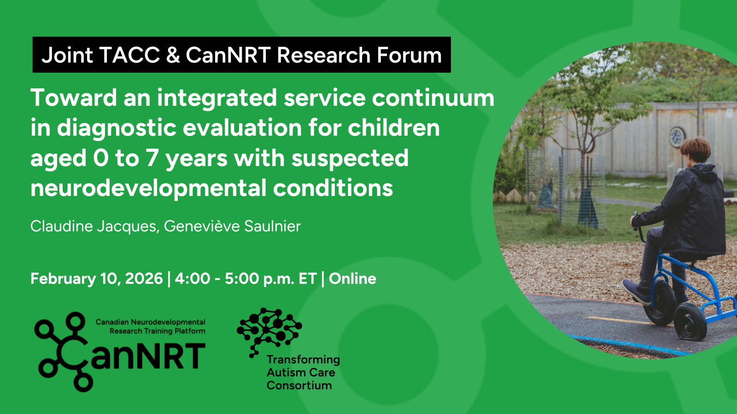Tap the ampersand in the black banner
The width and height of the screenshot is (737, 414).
tap(173, 55)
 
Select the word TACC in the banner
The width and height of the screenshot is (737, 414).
tap(129, 55)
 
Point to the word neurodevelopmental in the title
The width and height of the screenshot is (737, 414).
tap(148, 189)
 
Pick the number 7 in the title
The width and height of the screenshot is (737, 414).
tap(152, 158)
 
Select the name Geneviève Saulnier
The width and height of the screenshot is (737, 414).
tap(232, 226)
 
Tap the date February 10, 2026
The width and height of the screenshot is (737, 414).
tap(97, 279)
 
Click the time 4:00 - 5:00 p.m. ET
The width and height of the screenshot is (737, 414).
tap(246, 279)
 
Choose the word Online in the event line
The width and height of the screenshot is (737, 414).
tap(352, 279)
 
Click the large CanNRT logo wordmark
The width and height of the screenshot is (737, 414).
tap(120, 353)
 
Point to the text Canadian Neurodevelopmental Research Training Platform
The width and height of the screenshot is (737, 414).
tap(150, 327)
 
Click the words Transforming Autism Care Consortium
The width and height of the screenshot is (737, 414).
tap(303, 372)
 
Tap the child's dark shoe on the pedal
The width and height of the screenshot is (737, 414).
tap(636, 292)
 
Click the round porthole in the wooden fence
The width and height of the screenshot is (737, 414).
tap(678, 137)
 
